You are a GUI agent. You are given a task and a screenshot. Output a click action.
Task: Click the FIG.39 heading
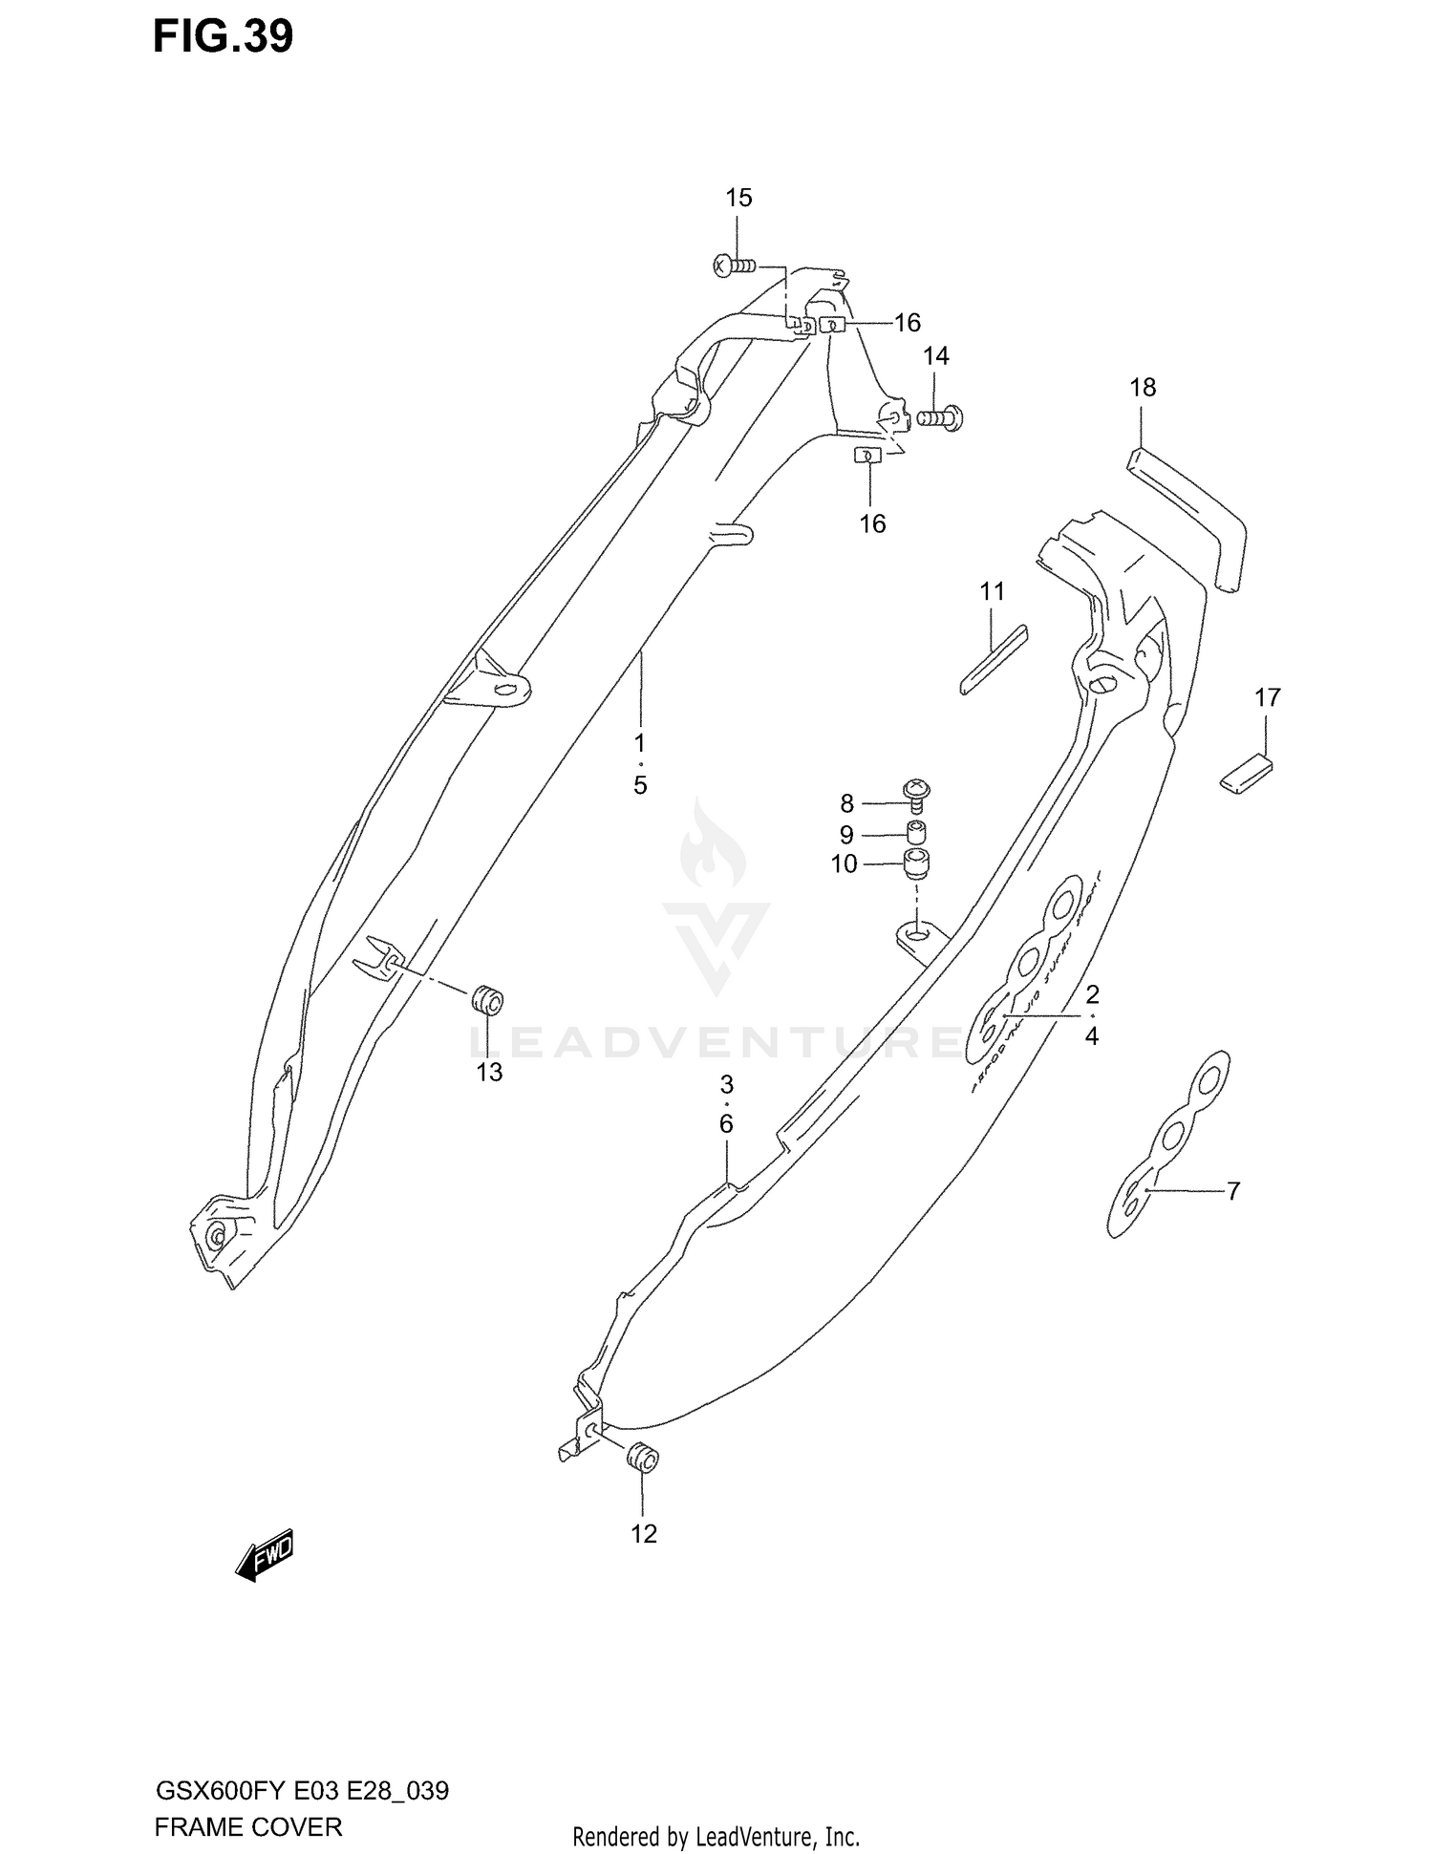tap(223, 36)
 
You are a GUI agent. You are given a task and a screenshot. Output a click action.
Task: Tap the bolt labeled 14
tap(941, 417)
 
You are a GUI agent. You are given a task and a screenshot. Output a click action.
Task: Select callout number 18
tap(1142, 387)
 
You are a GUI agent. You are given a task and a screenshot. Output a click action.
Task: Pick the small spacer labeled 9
tap(916, 828)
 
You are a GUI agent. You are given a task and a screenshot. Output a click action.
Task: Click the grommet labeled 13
tap(488, 1002)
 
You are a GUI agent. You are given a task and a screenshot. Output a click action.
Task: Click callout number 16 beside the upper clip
tap(907, 323)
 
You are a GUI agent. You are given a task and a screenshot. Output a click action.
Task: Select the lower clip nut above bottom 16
tap(866, 456)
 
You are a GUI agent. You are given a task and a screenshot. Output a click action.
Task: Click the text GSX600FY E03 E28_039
tap(301, 1789)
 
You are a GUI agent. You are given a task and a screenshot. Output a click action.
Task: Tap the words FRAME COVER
tap(247, 1826)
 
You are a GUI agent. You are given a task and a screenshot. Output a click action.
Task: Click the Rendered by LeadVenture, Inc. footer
tap(716, 1836)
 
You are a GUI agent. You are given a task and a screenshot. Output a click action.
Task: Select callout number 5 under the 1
tap(639, 785)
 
